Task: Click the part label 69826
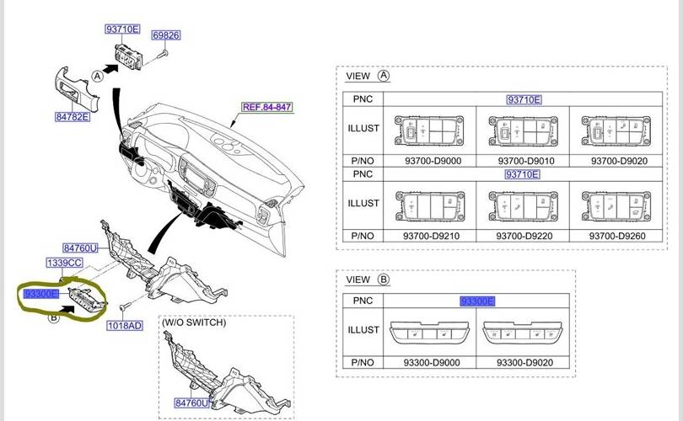pos(166,35)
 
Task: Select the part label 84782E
pos(73,117)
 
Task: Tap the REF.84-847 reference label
pos(266,107)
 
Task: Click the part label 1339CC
pos(65,264)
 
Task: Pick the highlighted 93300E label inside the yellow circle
pos(41,294)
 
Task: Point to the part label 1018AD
pos(124,325)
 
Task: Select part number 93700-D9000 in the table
pos(431,160)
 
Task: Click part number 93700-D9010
pos(524,160)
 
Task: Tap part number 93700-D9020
pos(616,160)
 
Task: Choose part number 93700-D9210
pos(431,237)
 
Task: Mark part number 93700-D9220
pos(524,237)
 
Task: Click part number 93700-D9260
pos(616,237)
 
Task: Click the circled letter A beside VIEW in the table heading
pos(384,76)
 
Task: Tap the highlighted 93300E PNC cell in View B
pos(477,301)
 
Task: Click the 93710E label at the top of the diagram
pos(122,29)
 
